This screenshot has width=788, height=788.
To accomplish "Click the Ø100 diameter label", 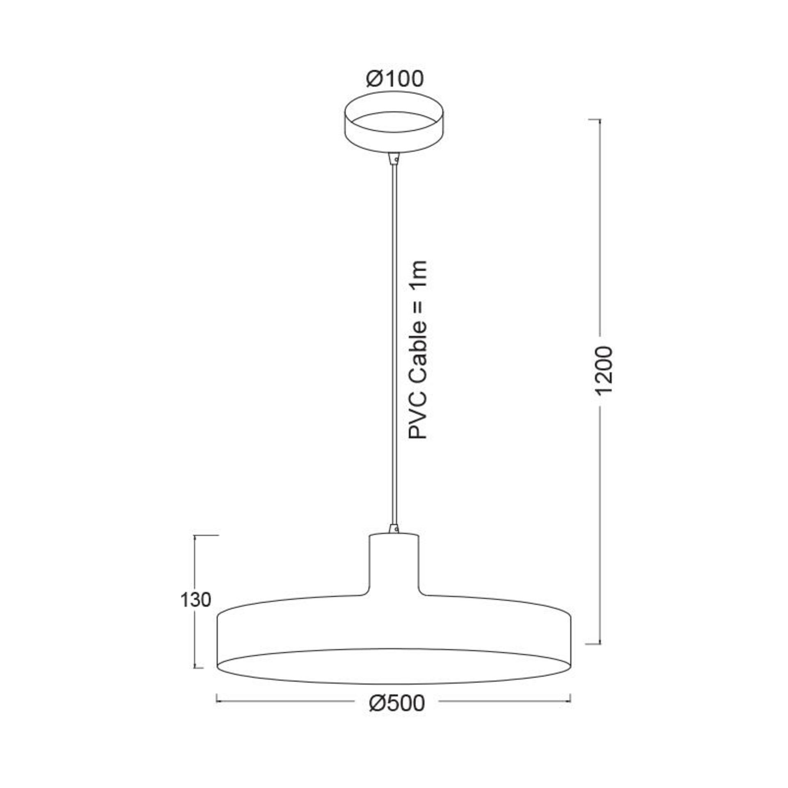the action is click(394, 79).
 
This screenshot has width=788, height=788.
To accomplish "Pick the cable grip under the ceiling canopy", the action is click(394, 158).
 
